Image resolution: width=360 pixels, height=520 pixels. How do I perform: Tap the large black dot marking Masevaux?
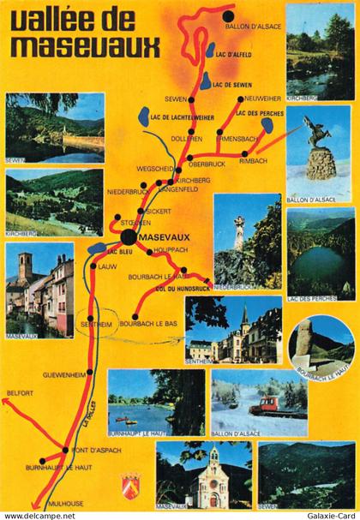tap(128, 236)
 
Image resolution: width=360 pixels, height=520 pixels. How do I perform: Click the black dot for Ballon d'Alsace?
tap(228, 16)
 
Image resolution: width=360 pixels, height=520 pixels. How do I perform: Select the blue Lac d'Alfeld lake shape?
tap(211, 51)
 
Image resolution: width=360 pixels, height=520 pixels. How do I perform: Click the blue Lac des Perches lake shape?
tap(267, 125)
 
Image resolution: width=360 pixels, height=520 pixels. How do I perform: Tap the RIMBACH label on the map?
tap(255, 160)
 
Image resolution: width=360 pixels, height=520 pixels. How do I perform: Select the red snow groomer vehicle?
tap(277, 404)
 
